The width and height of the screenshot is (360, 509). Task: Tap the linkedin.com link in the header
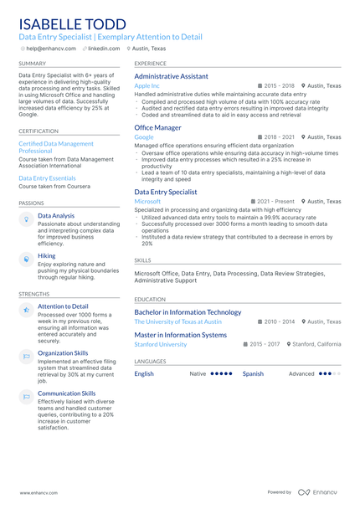click(x=104, y=49)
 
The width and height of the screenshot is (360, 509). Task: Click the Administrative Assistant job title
click(x=171, y=76)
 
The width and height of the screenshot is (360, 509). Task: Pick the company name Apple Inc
click(x=147, y=86)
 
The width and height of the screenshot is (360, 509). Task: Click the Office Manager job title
click(x=157, y=127)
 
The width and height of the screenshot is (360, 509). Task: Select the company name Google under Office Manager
click(x=144, y=137)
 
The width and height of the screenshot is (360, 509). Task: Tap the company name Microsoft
click(x=147, y=202)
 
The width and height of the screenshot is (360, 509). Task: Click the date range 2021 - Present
click(x=275, y=202)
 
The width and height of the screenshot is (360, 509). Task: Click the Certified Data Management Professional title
click(x=56, y=147)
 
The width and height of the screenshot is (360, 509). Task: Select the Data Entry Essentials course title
click(x=47, y=178)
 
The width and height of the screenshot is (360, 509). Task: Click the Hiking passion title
click(x=46, y=255)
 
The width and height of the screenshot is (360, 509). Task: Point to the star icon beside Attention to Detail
click(x=27, y=310)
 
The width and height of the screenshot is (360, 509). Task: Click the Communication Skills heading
click(x=67, y=393)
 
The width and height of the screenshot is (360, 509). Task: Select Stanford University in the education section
click(x=161, y=344)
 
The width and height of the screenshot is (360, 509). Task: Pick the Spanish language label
click(x=253, y=373)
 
